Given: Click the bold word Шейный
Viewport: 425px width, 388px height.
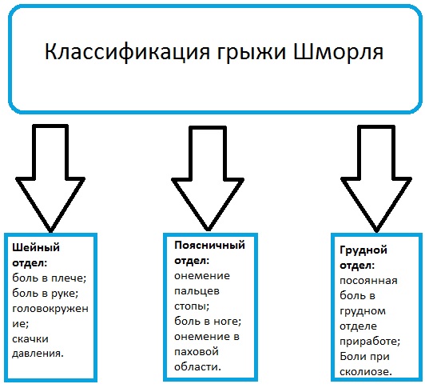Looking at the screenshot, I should coord(30,248).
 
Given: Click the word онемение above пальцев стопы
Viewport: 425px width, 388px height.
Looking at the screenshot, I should coord(201,275).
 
